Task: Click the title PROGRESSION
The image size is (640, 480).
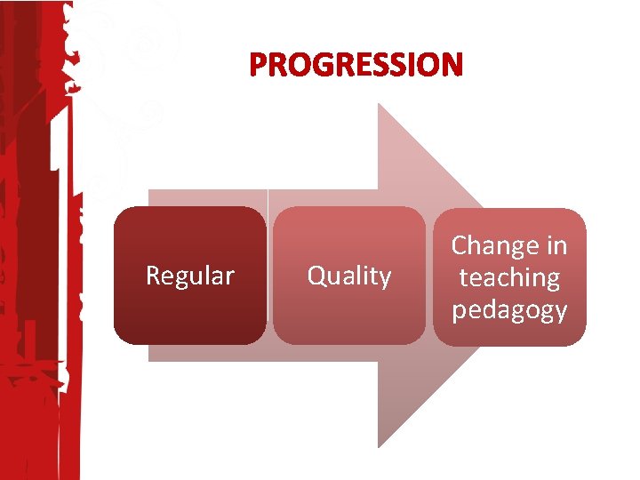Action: pos(356,65)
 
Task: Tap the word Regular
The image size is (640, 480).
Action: pos(189,276)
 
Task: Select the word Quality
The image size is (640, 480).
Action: pos(348,276)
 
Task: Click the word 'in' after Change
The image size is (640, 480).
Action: pos(556,245)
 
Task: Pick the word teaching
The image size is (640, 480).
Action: pos(509,277)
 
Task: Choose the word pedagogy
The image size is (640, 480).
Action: pos(509,310)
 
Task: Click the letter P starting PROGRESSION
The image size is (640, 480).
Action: pos(260,65)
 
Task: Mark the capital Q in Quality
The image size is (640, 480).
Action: pos(316,276)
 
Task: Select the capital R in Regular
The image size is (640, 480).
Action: pos(153,276)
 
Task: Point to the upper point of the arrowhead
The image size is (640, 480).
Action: pos(380,104)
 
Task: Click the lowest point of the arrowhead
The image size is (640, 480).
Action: pos(380,446)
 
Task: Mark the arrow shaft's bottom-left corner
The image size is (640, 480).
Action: pos(149,360)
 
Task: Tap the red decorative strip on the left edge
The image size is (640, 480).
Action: pos(36,267)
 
